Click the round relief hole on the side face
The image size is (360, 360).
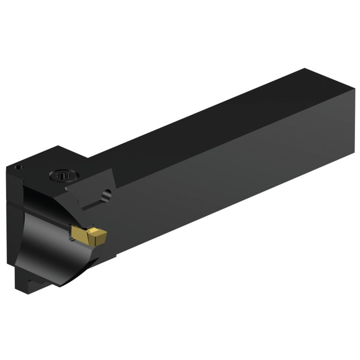pos(107,195)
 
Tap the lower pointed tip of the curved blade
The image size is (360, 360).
pos(63,285)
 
